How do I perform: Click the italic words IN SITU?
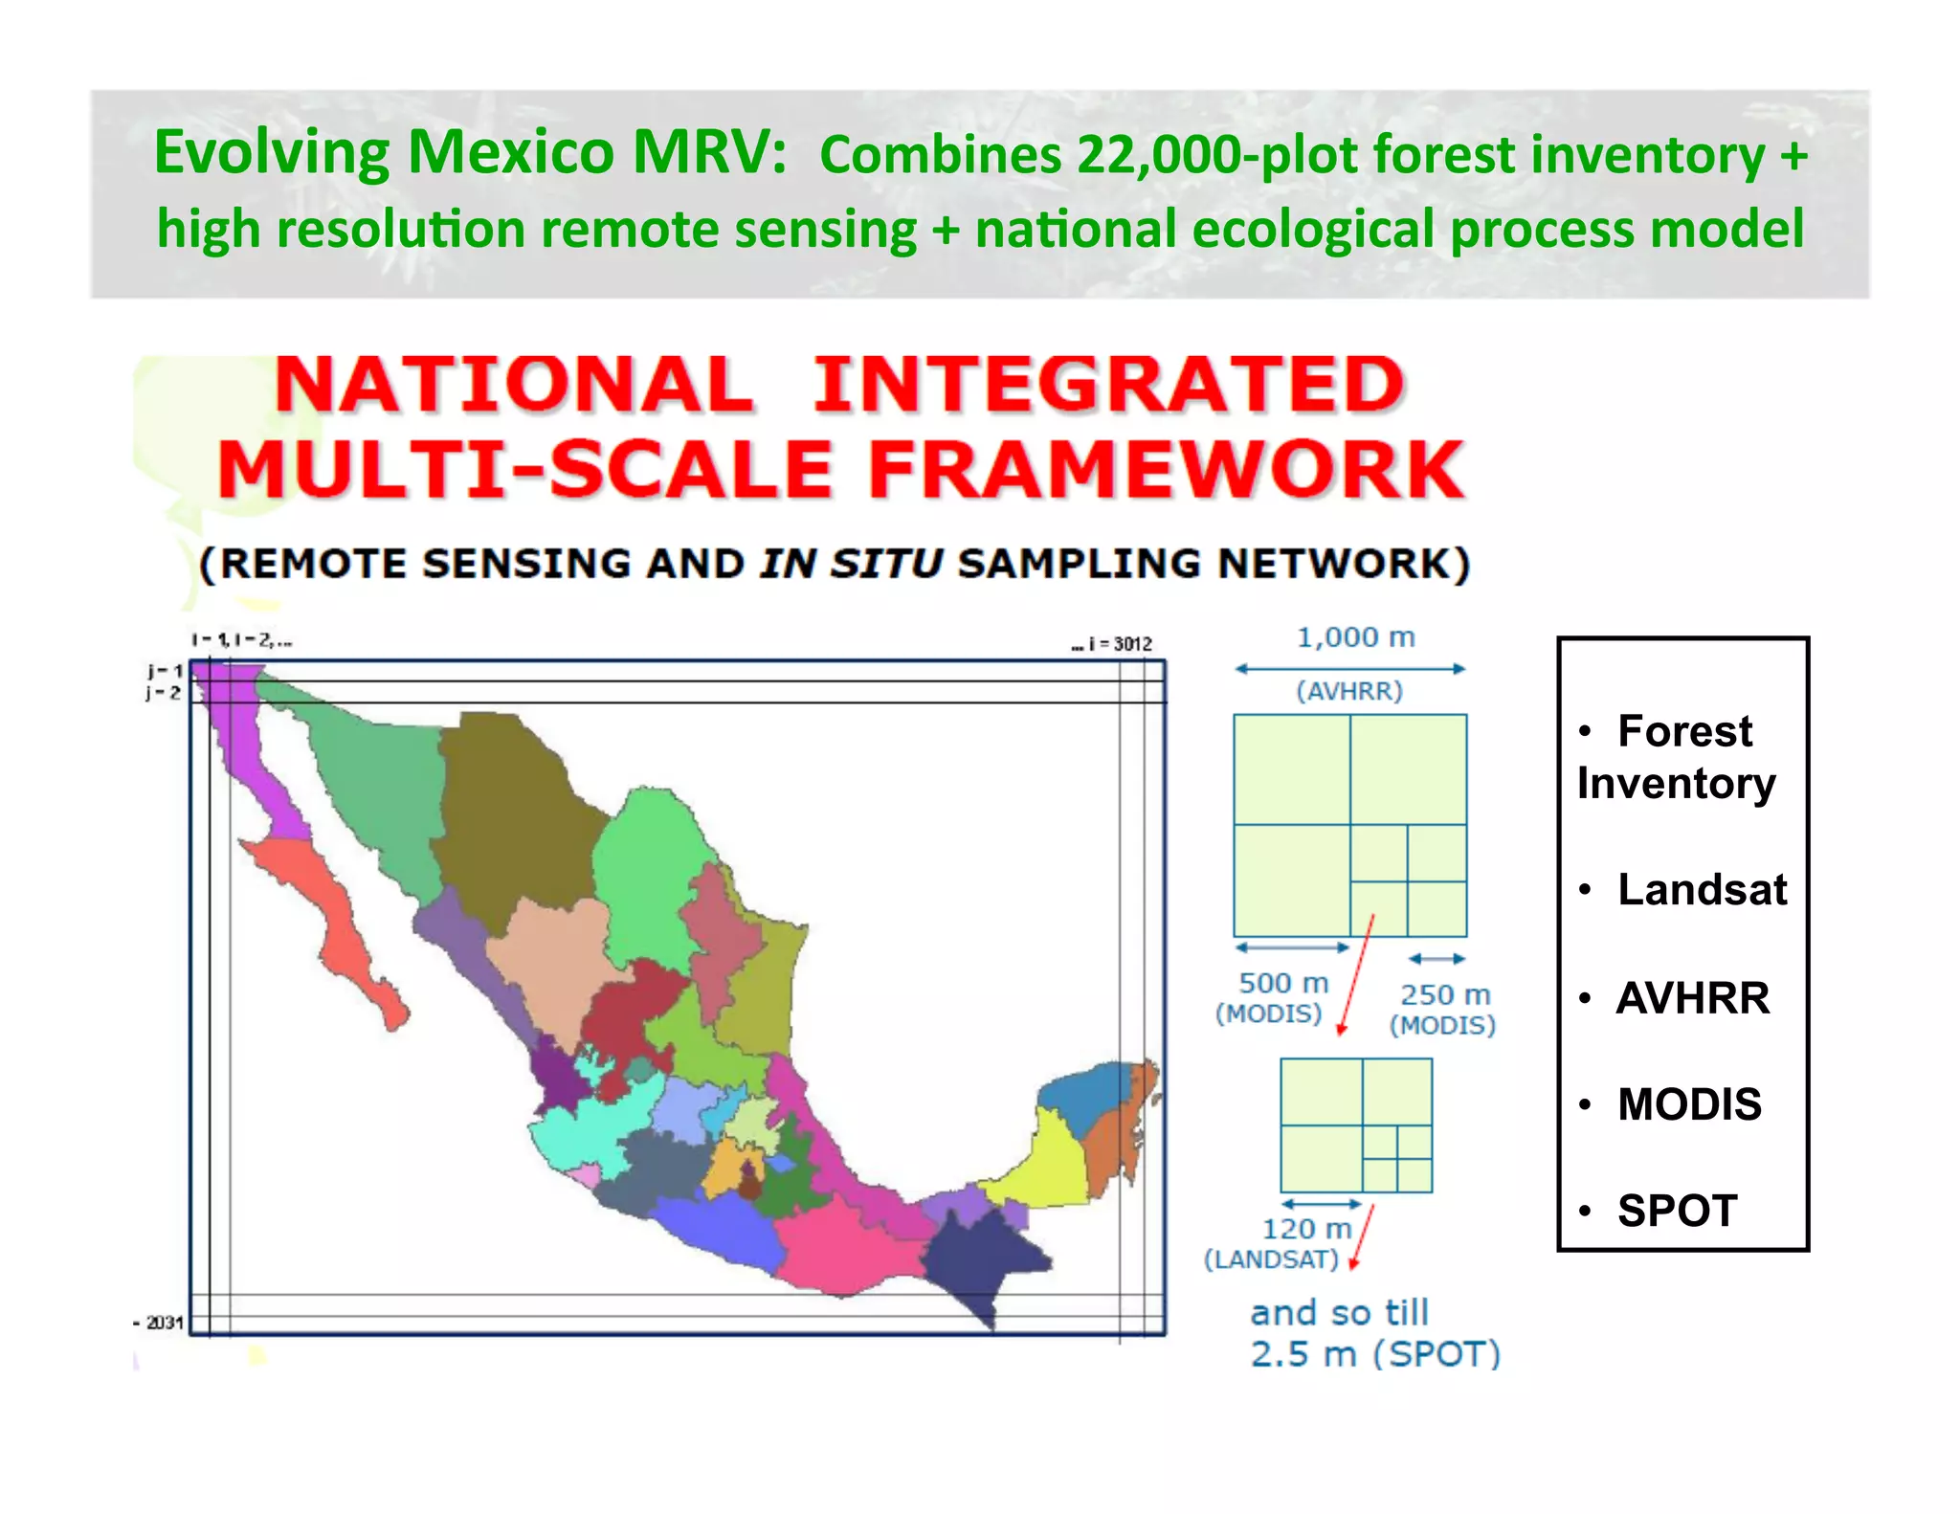[851, 564]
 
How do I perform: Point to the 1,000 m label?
[1354, 637]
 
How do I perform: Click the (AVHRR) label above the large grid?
[1349, 691]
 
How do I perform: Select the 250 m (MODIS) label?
[1443, 1010]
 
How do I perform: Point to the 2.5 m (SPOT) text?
[1374, 1354]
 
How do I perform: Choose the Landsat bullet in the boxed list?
[1701, 890]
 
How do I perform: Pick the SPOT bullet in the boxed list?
[1677, 1211]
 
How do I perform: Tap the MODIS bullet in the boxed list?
[1689, 1104]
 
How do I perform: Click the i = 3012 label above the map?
[1116, 644]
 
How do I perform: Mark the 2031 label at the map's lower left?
[163, 1323]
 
